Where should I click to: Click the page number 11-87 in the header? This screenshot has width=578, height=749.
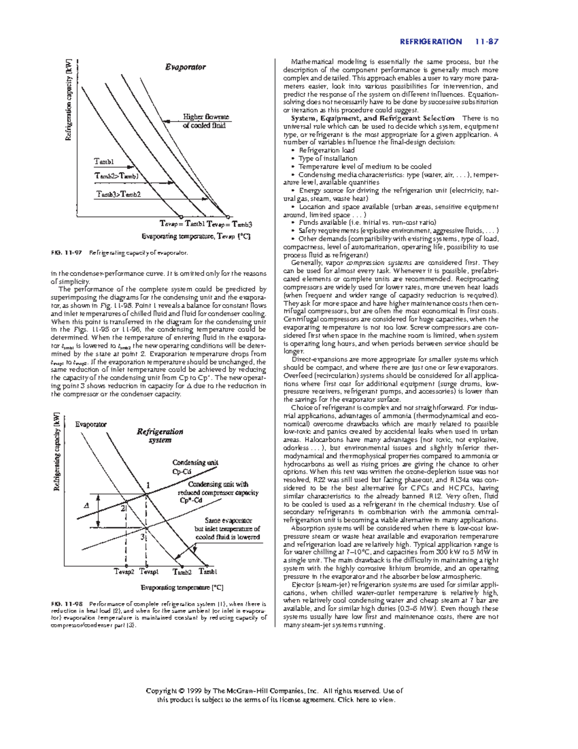[x=486, y=42]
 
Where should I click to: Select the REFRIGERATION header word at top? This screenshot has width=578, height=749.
[x=431, y=42]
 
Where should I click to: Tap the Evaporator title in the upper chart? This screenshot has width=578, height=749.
[x=185, y=67]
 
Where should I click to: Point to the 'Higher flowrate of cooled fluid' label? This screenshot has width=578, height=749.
[x=205, y=121]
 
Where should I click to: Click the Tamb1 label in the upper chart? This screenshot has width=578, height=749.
[x=104, y=161]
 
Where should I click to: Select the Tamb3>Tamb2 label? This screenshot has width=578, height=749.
[x=118, y=194]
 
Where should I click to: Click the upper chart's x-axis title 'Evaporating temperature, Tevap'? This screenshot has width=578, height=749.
[x=196, y=236]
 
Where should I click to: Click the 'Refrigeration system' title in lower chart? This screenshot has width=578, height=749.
[x=159, y=436]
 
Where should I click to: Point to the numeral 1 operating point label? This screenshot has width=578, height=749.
[x=148, y=485]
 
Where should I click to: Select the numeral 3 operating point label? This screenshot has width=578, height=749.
[x=143, y=537]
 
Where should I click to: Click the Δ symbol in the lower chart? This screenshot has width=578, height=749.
[x=87, y=505]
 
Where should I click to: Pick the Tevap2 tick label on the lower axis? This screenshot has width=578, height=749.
[x=124, y=572]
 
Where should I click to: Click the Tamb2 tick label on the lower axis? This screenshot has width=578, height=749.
[x=182, y=572]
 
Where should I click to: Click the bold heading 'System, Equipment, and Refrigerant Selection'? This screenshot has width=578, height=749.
[x=372, y=118]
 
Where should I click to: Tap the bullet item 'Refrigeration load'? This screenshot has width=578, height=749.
[x=327, y=150]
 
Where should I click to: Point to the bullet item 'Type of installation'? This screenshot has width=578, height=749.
[x=328, y=158]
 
